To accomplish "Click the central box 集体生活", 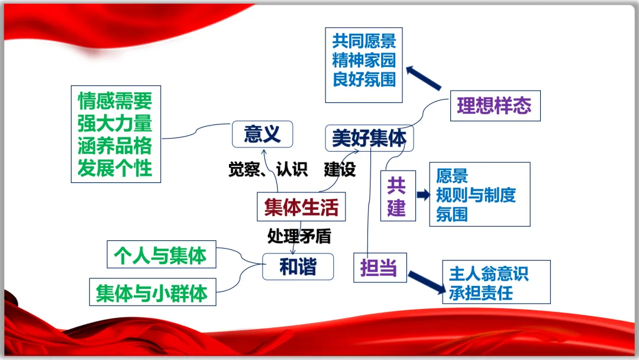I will click(x=301, y=208).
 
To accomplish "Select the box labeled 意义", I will click(x=262, y=135).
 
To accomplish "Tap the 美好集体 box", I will click(x=369, y=139).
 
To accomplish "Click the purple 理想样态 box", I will click(x=494, y=106).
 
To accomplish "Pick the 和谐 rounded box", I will click(x=298, y=267).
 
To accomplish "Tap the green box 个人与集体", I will click(x=160, y=255).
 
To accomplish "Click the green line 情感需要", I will click(x=115, y=101).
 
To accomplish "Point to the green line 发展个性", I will click(x=115, y=168).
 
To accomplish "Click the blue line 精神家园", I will click(x=364, y=60).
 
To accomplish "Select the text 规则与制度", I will click(x=476, y=195).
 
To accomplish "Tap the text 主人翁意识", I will click(x=489, y=274).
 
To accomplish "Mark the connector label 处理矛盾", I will click(x=299, y=236).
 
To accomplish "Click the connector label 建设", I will click(x=340, y=170).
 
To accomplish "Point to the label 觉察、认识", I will click(x=268, y=170).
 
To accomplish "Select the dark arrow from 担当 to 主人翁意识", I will click(x=426, y=282).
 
